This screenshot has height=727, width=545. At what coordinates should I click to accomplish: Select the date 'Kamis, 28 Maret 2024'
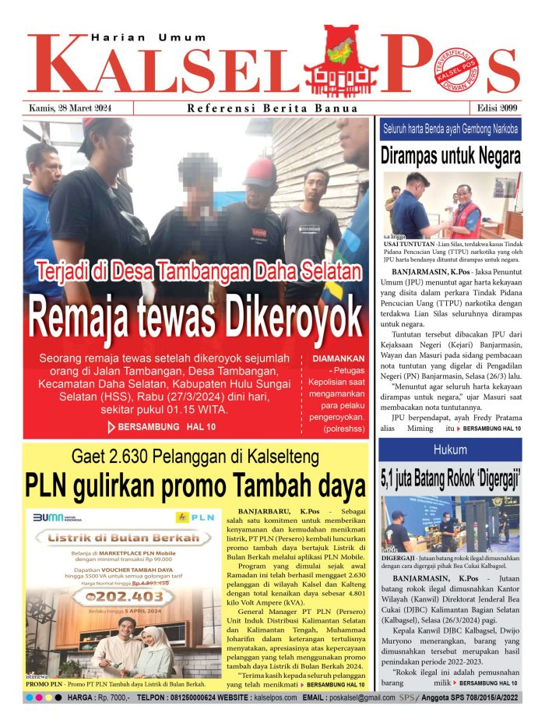70,108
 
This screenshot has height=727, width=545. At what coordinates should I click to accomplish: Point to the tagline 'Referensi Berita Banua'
272,109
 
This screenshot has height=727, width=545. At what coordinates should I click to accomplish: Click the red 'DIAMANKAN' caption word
335,359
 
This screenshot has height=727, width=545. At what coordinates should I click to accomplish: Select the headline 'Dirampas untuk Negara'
450,156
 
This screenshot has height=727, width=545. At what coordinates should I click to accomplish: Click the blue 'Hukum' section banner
450,450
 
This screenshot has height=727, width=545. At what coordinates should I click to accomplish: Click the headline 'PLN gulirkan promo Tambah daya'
195,485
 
